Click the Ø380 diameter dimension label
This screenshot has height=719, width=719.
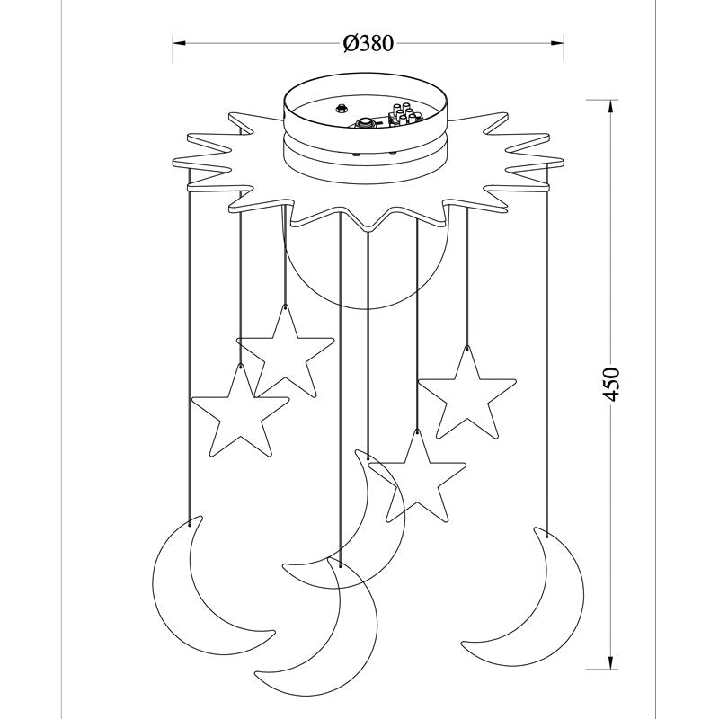click(368, 43)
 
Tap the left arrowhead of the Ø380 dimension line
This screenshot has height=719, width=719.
click(179, 43)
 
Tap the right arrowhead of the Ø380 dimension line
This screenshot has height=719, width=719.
click(558, 43)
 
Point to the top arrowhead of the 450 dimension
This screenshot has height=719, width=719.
click(610, 106)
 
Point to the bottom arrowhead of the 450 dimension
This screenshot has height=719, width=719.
click(610, 662)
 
